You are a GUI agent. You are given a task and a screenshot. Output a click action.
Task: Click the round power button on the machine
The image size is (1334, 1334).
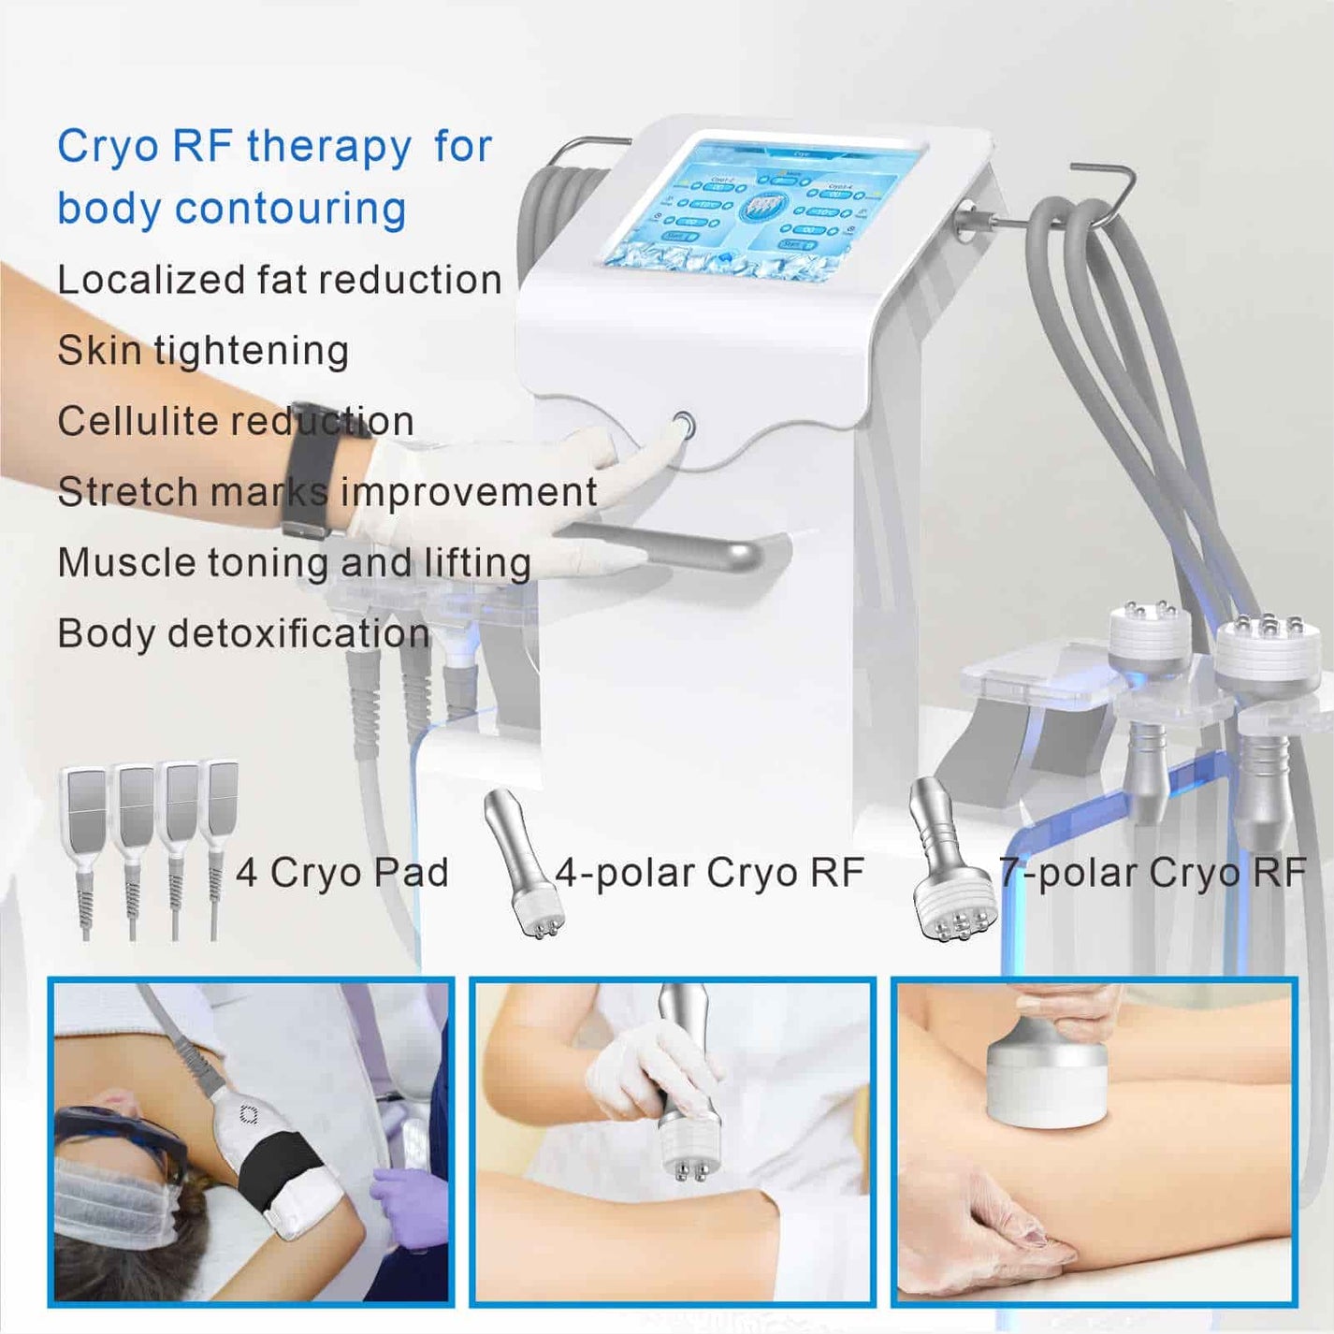click(x=684, y=427)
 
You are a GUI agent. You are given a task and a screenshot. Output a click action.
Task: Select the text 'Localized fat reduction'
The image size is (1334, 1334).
click(x=279, y=280)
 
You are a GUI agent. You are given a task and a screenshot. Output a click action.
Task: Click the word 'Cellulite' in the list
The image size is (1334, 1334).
click(x=138, y=421)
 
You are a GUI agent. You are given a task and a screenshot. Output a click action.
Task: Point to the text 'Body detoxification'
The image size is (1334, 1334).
click(x=243, y=633)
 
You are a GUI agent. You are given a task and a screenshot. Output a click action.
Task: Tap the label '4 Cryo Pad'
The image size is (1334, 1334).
click(x=341, y=873)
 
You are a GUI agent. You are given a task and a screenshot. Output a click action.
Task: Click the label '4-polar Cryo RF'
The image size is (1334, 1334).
click(x=709, y=873)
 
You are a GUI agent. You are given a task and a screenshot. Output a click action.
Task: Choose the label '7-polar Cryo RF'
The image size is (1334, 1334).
click(x=1153, y=873)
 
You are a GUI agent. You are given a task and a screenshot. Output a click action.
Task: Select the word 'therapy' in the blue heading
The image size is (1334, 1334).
click(x=328, y=147)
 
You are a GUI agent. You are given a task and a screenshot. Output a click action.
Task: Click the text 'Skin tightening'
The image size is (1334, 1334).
click(x=203, y=351)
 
